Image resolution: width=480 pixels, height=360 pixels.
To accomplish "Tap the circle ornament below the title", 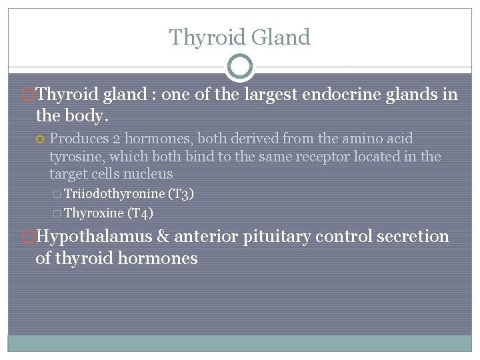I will (x=240, y=67).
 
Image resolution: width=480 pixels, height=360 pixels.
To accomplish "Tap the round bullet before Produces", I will (x=41, y=139).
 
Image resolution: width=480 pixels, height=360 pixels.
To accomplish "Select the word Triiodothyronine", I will (x=114, y=194).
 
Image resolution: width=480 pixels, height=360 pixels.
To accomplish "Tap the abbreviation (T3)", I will (x=181, y=194).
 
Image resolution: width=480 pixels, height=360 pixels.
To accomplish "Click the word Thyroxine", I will (x=93, y=213).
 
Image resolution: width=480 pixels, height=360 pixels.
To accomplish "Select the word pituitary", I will (x=278, y=237).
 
